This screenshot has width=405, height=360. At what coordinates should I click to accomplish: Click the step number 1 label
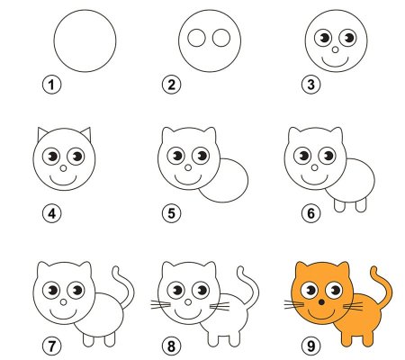click(52, 85)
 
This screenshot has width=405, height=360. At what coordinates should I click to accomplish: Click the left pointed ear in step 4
click(43, 135)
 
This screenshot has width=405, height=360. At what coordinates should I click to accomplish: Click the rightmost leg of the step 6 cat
click(361, 204)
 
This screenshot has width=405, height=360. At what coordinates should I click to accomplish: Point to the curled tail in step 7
click(126, 288)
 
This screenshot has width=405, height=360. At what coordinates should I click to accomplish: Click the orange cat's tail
click(385, 288)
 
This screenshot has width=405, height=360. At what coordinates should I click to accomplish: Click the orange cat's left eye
click(308, 289)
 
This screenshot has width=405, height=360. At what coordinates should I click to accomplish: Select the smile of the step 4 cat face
click(64, 177)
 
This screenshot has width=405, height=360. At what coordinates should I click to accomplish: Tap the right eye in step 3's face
click(346, 38)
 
